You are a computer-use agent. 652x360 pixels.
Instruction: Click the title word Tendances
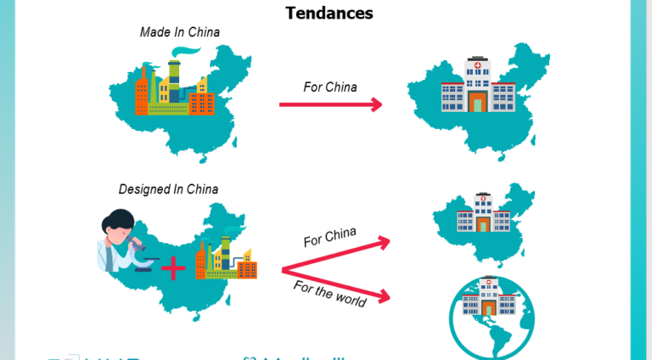[x=329, y=13]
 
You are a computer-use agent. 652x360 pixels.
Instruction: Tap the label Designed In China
[x=168, y=188]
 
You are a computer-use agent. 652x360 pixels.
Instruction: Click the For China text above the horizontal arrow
[x=329, y=87]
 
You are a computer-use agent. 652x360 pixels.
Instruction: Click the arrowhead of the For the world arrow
[x=385, y=296]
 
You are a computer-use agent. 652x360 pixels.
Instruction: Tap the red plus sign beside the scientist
[x=172, y=269]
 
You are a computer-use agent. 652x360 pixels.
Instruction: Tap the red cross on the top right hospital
[x=477, y=65]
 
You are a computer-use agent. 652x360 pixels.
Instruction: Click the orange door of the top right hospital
[x=477, y=103]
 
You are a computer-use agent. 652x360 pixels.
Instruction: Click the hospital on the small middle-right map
[x=481, y=214]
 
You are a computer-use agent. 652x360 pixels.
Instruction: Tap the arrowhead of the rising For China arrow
[x=384, y=243]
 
